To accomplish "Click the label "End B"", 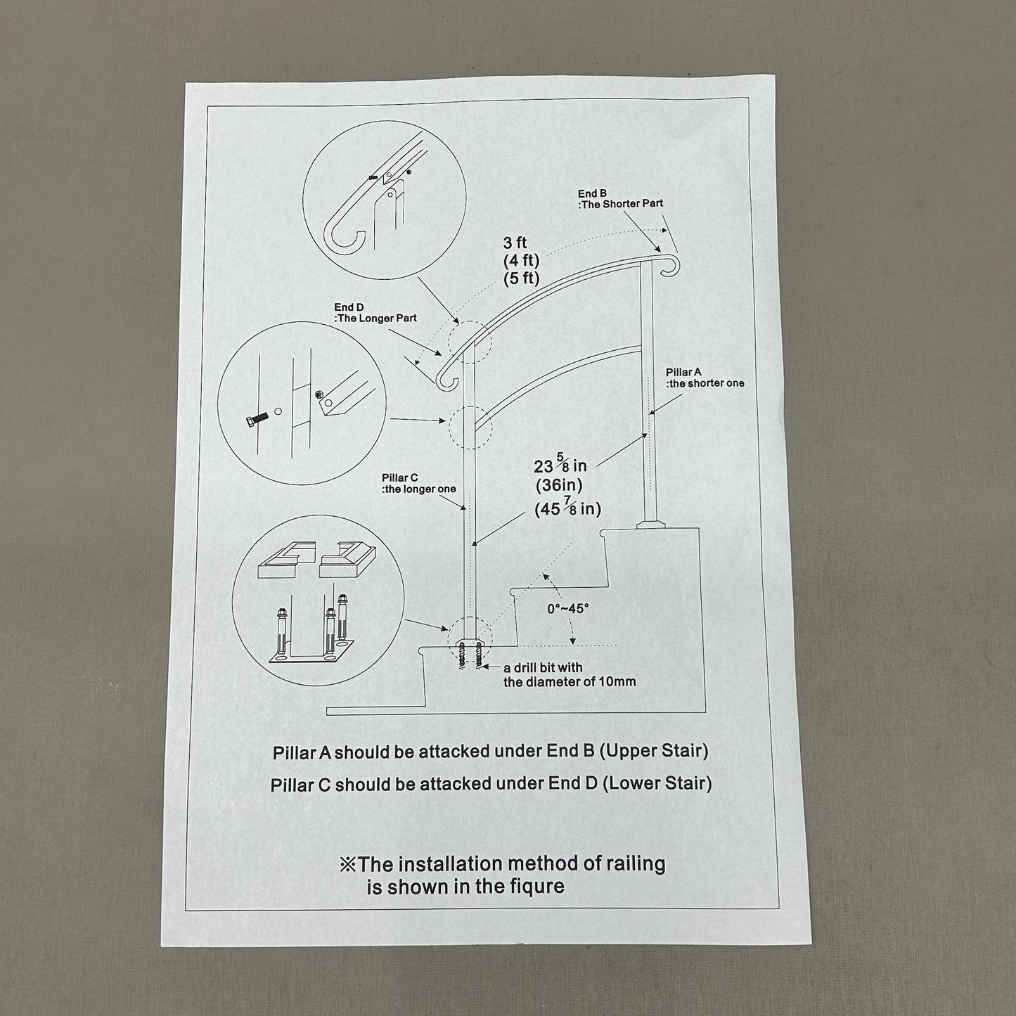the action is click(x=591, y=193).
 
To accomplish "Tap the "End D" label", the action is click(x=349, y=307).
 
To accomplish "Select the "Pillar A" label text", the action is click(x=683, y=372).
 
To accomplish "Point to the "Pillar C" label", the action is click(x=399, y=477).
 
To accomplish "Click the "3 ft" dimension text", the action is click(x=515, y=243).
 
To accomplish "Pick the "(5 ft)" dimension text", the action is click(x=522, y=278).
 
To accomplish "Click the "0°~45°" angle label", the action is click(x=568, y=608).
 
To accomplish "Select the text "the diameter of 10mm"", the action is click(x=570, y=682).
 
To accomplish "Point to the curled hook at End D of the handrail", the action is click(x=444, y=380).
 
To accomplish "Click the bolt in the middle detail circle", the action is click(x=257, y=420).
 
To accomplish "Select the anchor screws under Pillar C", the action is click(x=470, y=656).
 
